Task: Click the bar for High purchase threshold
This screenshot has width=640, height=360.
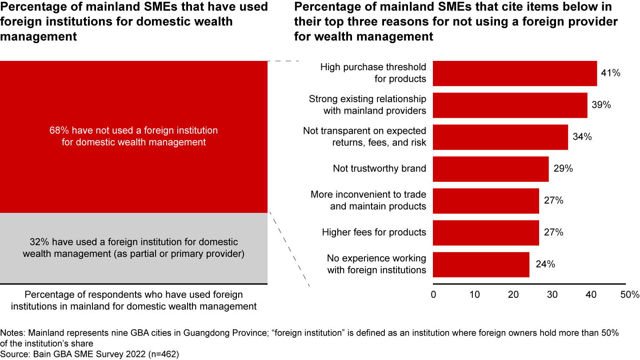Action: (515, 73)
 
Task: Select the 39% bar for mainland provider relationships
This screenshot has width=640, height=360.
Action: (510, 105)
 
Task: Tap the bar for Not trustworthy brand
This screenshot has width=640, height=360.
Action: (491, 169)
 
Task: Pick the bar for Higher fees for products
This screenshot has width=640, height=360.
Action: (486, 232)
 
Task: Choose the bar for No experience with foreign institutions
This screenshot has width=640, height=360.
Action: (481, 264)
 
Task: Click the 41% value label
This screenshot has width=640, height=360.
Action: (610, 73)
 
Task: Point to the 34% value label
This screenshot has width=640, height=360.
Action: (582, 137)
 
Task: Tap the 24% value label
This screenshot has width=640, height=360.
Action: (545, 264)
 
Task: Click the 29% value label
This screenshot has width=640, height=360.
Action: (563, 169)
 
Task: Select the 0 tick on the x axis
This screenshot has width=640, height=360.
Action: (433, 295)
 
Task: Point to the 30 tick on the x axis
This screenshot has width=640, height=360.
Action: (552, 295)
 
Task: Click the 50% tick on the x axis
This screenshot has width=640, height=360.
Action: (630, 295)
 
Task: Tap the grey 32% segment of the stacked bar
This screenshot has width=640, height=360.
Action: (134, 248)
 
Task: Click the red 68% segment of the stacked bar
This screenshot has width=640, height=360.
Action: (134, 136)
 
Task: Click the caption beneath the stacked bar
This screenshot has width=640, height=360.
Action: (134, 300)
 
